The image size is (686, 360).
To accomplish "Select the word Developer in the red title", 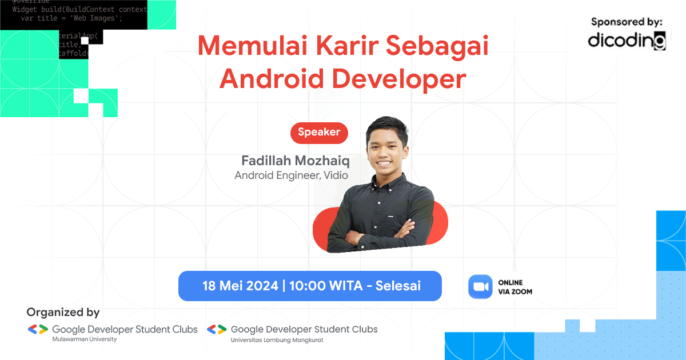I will (399, 79).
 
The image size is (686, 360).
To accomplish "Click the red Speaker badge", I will (319, 133).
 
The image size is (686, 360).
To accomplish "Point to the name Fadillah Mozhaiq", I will (295, 160).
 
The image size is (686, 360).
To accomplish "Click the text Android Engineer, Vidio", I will (291, 175).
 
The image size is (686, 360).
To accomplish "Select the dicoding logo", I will (627, 41).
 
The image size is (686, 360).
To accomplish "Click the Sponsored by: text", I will (627, 22).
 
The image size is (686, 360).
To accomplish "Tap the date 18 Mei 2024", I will (240, 286).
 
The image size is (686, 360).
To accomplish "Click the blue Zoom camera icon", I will (480, 286).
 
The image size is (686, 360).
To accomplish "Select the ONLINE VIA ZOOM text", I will (515, 287).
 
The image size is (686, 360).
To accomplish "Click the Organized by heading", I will (63, 313).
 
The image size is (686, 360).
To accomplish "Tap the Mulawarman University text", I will (84, 339).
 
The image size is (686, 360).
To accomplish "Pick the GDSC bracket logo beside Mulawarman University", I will (38, 329).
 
